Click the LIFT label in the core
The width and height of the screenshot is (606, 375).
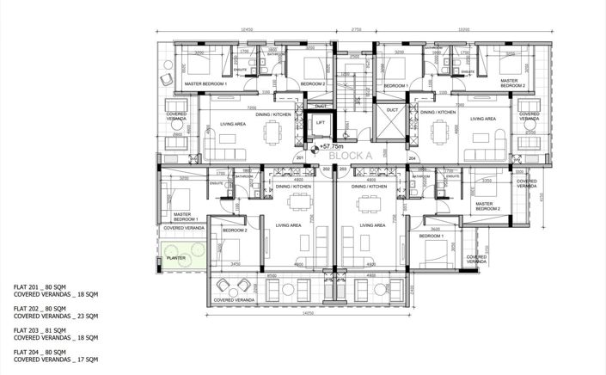coord(321,123)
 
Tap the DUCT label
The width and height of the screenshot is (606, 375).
coord(392,110)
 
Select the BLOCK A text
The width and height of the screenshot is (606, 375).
coord(356,157)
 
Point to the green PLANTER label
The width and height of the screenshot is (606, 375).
coord(175,255)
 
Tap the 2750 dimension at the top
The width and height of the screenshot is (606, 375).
coord(356,30)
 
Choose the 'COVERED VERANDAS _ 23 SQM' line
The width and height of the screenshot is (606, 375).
coord(56,315)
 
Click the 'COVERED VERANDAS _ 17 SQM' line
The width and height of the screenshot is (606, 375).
coord(56,360)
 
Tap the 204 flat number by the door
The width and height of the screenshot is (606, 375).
coord(412,159)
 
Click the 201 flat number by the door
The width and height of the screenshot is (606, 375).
coord(300,159)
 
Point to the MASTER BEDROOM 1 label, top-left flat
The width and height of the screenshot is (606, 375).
coord(205,83)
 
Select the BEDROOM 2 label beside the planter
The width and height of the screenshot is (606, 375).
coord(235,231)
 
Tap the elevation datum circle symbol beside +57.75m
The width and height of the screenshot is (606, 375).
coord(315,148)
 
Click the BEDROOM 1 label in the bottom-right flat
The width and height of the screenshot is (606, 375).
coord(432,235)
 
